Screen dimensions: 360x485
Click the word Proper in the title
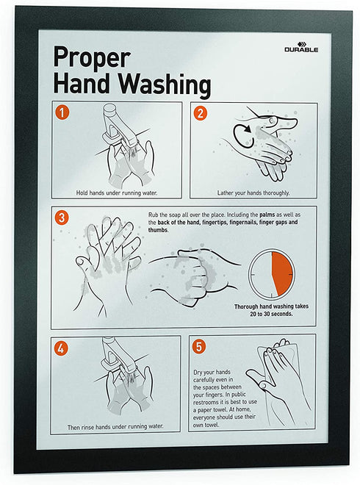point(92,57)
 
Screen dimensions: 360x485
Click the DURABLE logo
point(301,47)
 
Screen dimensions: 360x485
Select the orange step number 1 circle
point(62,112)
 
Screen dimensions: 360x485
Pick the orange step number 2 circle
point(200,113)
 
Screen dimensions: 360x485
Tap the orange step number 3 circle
point(61,218)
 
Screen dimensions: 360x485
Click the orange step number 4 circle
point(61,348)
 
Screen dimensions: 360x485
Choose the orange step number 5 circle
point(199,346)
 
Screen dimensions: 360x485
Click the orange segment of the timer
point(282,273)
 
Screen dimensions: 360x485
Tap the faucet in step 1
point(119,125)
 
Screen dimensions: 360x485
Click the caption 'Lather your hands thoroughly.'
point(253,193)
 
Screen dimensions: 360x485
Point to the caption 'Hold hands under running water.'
point(117,193)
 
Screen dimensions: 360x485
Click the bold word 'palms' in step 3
point(267,215)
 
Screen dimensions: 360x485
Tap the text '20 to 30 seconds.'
point(271,314)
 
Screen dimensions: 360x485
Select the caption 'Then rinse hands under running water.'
point(115,426)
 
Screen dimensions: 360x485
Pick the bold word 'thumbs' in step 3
point(158,230)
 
